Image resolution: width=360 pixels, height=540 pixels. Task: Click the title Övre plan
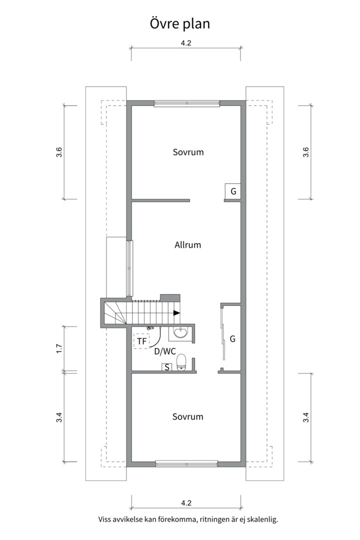[180, 24]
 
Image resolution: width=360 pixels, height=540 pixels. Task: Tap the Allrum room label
[188, 245]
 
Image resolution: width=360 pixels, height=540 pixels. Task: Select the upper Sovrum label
[188, 152]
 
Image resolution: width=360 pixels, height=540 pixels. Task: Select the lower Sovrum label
[188, 416]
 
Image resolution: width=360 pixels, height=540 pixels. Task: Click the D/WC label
[165, 351]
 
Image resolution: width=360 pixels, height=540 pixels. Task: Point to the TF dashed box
[141, 341]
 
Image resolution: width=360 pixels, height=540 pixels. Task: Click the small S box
[167, 367]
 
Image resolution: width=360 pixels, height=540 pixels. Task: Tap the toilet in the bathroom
[181, 362]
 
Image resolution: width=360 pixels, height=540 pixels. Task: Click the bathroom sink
[180, 333]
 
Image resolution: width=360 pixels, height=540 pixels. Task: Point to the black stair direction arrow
[176, 313]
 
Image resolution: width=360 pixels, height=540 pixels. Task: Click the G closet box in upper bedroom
[233, 191]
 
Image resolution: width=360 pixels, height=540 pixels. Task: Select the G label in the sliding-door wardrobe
[232, 339]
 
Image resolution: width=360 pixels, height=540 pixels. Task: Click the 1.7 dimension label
[59, 348]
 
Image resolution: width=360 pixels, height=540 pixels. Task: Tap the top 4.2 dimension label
[186, 43]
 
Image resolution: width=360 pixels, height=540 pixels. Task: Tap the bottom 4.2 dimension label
[186, 503]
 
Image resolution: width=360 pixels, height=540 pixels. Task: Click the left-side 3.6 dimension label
[59, 152]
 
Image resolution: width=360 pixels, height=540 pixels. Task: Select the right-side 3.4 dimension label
[305, 417]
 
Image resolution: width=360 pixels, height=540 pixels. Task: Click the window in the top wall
[186, 103]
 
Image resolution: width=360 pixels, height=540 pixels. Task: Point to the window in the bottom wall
[186, 464]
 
